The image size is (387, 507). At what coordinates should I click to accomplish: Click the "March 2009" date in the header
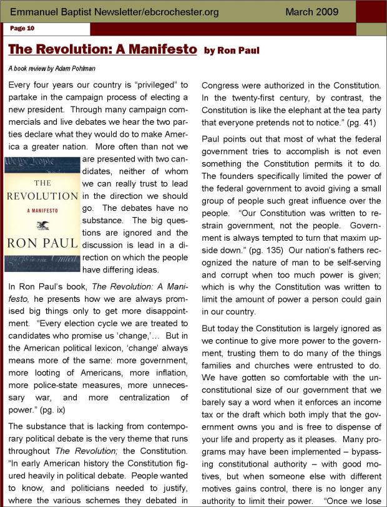point(311,12)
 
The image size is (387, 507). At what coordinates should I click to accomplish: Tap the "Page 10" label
point(22,28)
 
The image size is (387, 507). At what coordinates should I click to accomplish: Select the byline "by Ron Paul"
point(232,50)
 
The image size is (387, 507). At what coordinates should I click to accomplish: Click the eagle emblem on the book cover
point(42,219)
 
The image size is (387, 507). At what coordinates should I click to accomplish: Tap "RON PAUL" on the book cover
point(42,243)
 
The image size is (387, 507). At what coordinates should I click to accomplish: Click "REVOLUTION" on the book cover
point(42,196)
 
